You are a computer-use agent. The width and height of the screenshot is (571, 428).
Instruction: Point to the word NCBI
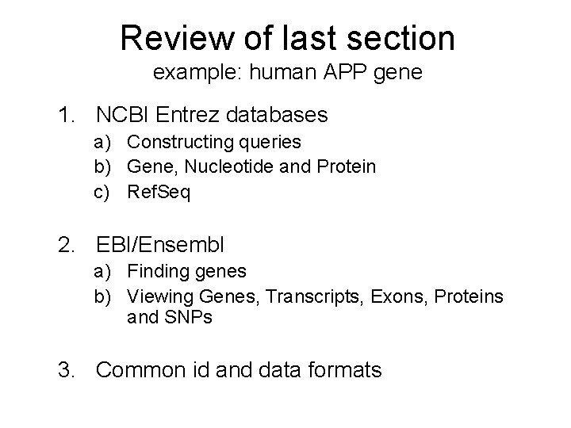click(124, 115)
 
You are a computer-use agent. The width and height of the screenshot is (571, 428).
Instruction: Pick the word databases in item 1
click(278, 115)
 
